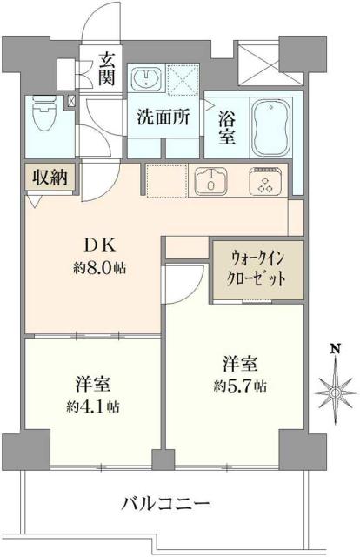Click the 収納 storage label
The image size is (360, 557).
pos(48,177)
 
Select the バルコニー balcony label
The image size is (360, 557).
pos(165,504)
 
